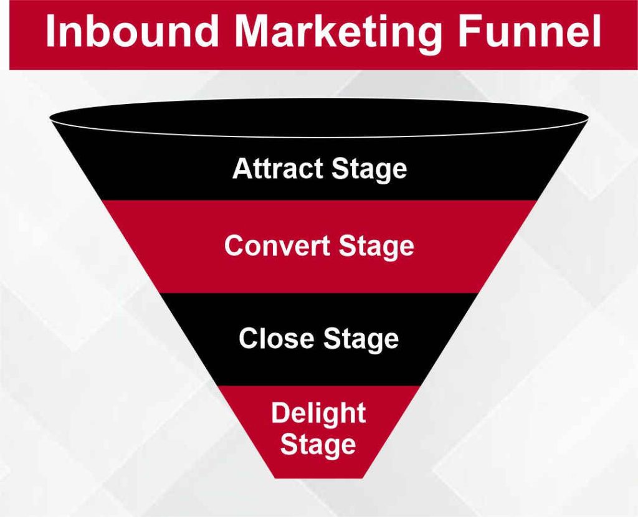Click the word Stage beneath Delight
click(318, 445)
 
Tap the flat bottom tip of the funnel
click(320, 477)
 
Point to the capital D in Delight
click(279, 414)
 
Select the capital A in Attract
click(241, 169)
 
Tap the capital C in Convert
click(234, 246)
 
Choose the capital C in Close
click(247, 339)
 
